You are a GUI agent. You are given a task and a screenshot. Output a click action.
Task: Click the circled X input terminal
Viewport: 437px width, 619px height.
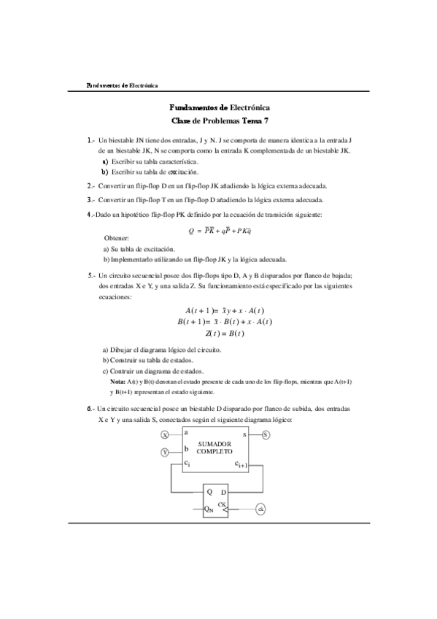(164, 434)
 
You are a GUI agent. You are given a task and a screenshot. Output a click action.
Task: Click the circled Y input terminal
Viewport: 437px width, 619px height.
(164, 453)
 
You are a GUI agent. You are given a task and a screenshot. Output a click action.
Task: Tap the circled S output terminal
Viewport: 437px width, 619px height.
(266, 434)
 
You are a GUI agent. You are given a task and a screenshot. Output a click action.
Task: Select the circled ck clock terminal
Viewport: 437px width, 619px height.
(260, 508)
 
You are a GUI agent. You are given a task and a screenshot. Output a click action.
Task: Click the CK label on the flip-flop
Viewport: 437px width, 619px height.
(222, 503)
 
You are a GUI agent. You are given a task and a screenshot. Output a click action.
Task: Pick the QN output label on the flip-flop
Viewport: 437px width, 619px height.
(209, 508)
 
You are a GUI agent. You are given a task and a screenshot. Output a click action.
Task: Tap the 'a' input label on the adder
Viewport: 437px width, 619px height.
(187, 433)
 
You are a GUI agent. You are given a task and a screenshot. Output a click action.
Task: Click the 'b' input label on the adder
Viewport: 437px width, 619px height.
(187, 448)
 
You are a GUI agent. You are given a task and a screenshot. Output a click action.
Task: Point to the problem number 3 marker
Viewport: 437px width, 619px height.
(90, 199)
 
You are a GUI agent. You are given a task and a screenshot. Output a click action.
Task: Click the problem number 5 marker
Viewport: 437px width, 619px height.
(90, 275)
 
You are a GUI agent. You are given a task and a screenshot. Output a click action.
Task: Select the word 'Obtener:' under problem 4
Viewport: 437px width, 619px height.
(117, 239)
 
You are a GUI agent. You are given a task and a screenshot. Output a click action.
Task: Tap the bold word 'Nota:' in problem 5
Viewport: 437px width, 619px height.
(117, 382)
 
